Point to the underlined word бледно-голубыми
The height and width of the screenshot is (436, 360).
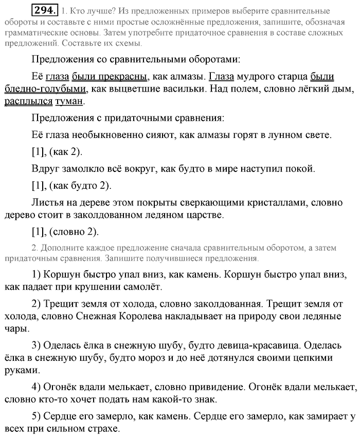click(45, 89)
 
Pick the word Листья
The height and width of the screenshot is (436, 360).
click(46, 202)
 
